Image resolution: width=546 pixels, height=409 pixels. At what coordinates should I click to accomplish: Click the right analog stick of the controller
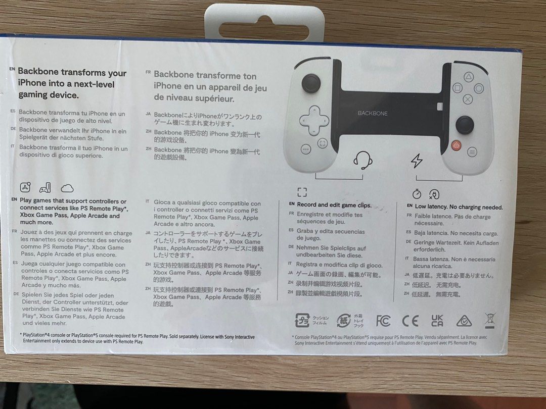(x=464, y=124)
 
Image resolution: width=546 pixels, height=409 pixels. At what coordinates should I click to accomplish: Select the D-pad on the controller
(x=314, y=120)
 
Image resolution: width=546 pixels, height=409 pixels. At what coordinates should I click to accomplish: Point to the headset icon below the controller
(x=362, y=160)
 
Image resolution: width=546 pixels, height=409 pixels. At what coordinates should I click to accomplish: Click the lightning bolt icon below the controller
(x=417, y=161)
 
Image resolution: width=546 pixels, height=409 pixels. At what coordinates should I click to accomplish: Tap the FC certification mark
(x=384, y=320)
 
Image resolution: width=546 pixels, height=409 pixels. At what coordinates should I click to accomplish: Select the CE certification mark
(x=410, y=320)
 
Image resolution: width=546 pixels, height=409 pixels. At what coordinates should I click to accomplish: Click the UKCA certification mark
(x=437, y=320)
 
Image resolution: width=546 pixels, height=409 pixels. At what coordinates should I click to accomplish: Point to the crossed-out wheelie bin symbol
(x=489, y=320)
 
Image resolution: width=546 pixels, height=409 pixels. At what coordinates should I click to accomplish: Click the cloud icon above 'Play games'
(x=67, y=188)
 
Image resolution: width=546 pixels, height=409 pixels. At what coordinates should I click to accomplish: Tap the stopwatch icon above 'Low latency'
(x=417, y=193)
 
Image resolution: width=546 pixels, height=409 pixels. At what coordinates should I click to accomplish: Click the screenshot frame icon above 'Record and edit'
(x=302, y=192)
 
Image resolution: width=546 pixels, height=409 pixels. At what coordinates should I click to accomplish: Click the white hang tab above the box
(x=264, y=20)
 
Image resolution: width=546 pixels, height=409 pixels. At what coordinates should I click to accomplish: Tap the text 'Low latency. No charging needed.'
(x=459, y=207)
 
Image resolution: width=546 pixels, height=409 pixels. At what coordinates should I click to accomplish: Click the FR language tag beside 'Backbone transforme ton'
(x=148, y=73)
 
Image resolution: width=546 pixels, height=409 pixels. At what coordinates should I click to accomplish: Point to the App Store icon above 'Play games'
(x=26, y=187)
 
